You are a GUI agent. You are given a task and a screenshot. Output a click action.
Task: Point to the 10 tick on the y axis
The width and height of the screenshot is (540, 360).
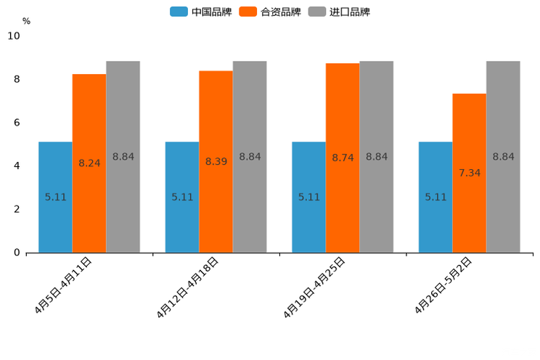[14, 36]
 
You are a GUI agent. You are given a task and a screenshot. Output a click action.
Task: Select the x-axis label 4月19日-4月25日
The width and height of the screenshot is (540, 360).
[314, 287]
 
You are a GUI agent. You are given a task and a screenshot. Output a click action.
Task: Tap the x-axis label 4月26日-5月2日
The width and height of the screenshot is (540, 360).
[443, 285]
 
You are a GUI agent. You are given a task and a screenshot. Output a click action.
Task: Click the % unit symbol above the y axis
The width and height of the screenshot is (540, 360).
[26, 21]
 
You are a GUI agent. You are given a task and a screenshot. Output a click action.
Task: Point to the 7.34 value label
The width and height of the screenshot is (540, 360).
[470, 173]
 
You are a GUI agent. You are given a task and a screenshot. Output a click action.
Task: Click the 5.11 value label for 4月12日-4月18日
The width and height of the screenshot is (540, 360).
[182, 197]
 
